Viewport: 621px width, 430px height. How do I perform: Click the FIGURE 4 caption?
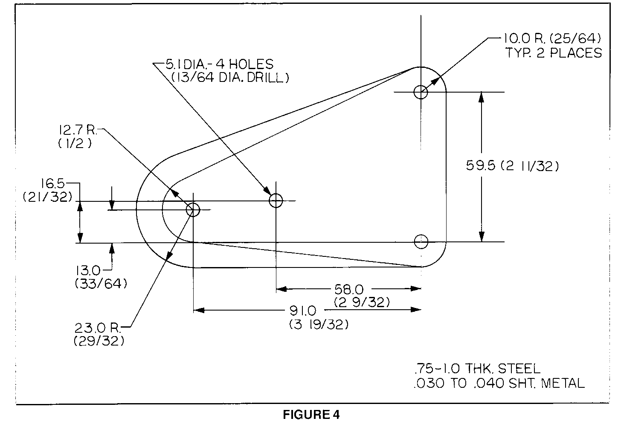(x=311, y=415)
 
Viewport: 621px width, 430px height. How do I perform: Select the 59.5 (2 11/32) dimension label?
(x=512, y=166)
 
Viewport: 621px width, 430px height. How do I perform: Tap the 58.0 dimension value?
(x=349, y=290)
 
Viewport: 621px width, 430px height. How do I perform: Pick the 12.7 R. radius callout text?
(x=79, y=130)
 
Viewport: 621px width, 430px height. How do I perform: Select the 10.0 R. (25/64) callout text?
(x=552, y=39)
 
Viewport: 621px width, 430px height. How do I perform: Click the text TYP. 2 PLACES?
(x=553, y=53)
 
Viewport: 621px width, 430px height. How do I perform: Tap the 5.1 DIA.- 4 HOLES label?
(x=219, y=64)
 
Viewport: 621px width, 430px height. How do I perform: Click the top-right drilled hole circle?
(x=421, y=92)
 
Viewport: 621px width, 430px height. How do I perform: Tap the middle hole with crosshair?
(x=276, y=200)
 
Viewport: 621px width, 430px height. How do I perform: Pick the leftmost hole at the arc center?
(x=193, y=209)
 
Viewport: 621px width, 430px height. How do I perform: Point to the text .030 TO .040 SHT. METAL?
(x=499, y=383)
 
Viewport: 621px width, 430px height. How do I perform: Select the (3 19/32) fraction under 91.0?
(x=319, y=324)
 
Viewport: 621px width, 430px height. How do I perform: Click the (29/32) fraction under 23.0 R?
(x=99, y=341)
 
